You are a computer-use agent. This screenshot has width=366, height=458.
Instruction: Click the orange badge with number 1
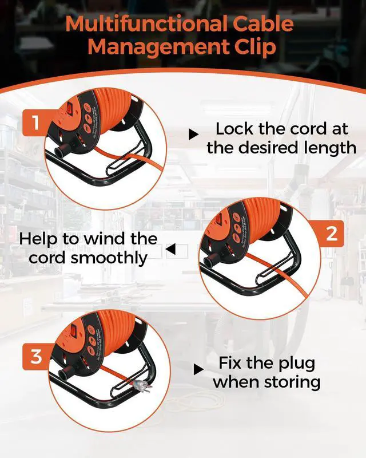click(36, 123)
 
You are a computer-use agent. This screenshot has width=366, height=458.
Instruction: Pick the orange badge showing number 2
click(331, 234)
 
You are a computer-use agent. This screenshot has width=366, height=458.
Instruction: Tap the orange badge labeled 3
click(36, 358)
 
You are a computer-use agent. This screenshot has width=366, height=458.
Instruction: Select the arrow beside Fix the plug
click(198, 369)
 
